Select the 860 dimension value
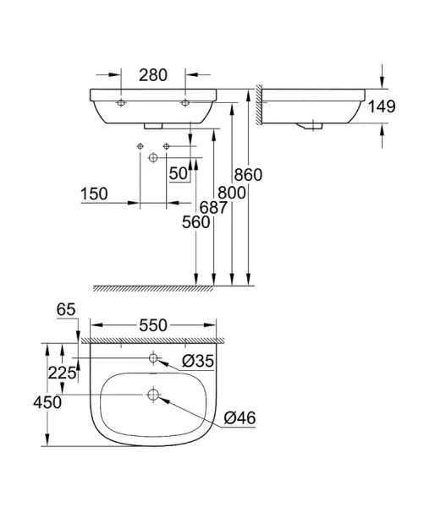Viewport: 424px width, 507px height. [x=249, y=175]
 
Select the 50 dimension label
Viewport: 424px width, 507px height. [x=179, y=174]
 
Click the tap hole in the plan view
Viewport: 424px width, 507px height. [x=153, y=359]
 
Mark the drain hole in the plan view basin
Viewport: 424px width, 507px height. [x=153, y=395]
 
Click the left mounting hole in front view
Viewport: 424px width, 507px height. [x=120, y=101]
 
